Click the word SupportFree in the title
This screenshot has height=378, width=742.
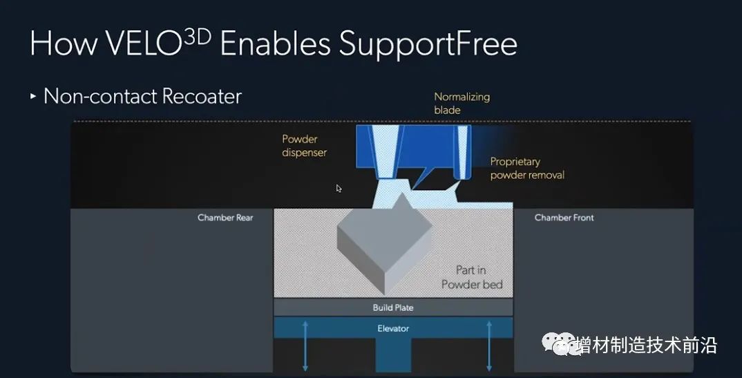tap(428, 44)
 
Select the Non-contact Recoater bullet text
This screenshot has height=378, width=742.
tap(142, 96)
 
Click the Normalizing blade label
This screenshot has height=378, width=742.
tap(462, 103)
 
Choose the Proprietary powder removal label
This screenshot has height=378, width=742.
tap(526, 168)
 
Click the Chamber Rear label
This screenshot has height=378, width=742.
tap(225, 218)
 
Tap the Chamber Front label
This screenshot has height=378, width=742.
tap(564, 218)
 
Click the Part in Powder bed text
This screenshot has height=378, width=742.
tap(472, 277)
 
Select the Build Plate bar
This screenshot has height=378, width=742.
tap(393, 308)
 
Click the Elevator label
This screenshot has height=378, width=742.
tap(393, 328)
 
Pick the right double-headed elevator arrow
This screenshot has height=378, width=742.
tap(489, 345)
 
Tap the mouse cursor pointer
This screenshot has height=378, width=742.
tap(339, 188)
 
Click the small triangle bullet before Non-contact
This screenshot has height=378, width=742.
tap(33, 96)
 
